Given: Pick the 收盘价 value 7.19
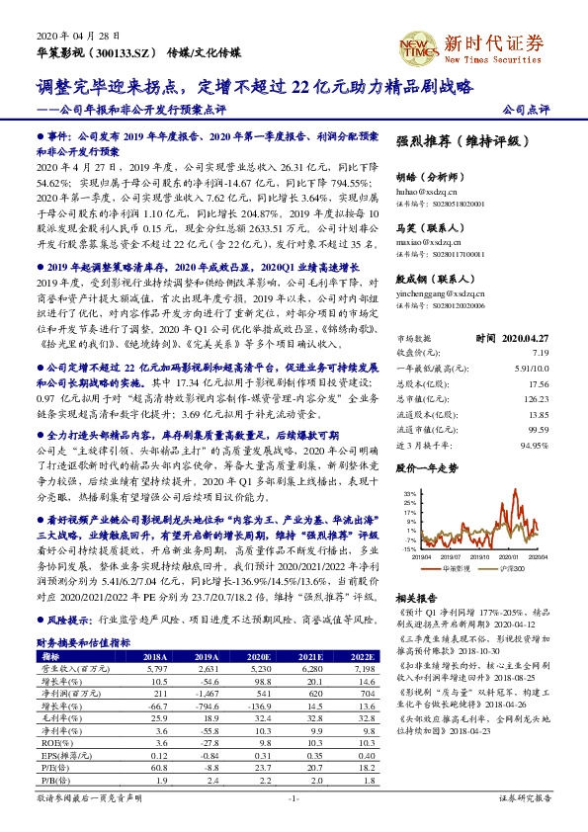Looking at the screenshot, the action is [567, 352].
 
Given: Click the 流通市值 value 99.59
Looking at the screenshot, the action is [563, 430].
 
